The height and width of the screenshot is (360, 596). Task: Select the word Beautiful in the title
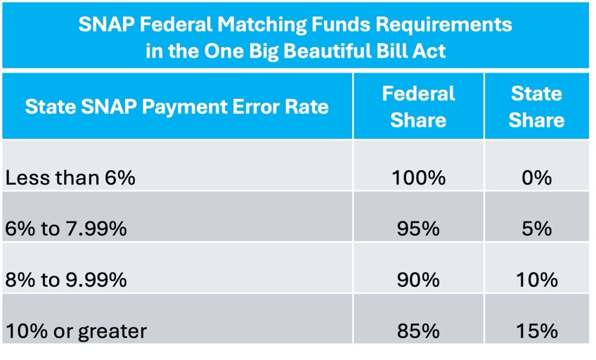tap(328, 51)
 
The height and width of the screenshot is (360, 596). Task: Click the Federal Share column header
tap(418, 107)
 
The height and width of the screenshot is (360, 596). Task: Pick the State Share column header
tap(536, 107)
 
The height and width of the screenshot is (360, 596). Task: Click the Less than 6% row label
tap(70, 177)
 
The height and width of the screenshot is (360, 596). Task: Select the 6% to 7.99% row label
tap(66, 229)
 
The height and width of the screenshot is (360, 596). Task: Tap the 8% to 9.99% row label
tap(66, 280)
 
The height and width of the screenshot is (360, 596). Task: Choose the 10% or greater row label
tap(76, 331)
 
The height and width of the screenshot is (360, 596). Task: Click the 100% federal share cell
tap(418, 178)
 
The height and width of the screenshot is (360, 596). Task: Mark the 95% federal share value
tap(418, 229)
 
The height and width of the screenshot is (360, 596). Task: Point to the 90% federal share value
tap(418, 280)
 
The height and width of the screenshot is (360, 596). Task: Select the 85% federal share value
tap(418, 330)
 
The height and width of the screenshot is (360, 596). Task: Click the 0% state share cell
tap(537, 178)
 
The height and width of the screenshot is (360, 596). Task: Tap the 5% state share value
tap(537, 229)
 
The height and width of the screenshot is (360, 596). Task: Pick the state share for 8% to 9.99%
tap(537, 280)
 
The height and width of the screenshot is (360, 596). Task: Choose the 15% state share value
tap(537, 330)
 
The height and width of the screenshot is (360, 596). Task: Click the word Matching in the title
tap(262, 25)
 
